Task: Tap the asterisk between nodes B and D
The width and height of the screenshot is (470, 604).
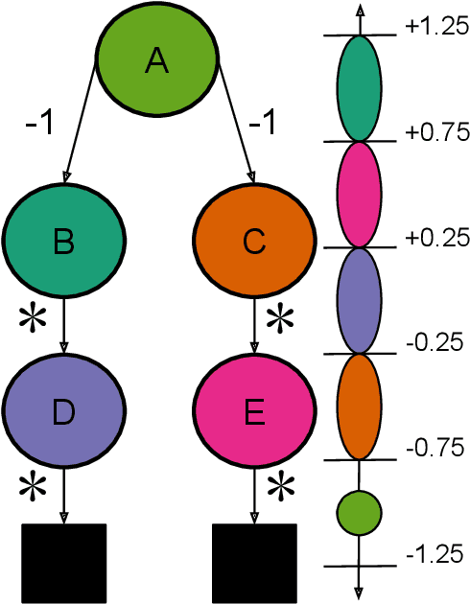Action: (33, 319)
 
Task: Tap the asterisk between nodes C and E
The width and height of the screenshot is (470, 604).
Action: (279, 319)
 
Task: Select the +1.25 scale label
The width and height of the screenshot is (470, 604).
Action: (435, 28)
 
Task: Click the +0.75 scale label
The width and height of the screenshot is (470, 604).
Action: (435, 132)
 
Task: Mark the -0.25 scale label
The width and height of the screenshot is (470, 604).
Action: (435, 342)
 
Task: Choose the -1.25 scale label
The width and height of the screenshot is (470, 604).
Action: (435, 553)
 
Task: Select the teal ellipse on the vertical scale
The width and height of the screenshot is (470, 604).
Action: (359, 88)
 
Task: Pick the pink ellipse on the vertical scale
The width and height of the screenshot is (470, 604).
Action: (359, 194)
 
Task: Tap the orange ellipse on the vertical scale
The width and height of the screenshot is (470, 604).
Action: (359, 406)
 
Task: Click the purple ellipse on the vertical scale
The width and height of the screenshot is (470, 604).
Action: (359, 299)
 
